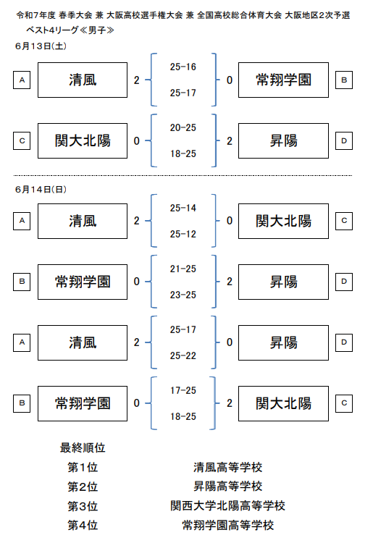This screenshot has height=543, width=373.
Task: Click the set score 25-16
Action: [183, 67]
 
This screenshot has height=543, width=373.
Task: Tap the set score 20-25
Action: [183, 127]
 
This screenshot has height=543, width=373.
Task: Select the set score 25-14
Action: [183, 208]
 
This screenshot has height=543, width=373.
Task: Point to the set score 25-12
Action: [183, 234]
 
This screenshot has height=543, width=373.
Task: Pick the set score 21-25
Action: [183, 269]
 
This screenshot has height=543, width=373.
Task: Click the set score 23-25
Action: [183, 295]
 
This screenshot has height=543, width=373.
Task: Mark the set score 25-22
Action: [183, 355]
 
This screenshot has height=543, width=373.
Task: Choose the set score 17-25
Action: [183, 391]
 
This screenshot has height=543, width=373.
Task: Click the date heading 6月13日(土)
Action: [41, 46]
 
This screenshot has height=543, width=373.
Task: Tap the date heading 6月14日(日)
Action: [41, 190]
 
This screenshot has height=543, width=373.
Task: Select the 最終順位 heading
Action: [83, 447]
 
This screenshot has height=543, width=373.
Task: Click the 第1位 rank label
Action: [83, 468]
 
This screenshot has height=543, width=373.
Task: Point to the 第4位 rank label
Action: [83, 526]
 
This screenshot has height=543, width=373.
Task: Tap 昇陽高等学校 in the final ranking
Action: [228, 487]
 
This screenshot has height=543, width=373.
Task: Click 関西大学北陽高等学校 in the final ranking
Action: [228, 506]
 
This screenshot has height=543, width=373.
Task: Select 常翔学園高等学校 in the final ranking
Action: [228, 526]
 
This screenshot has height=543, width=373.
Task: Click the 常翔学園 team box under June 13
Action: [283, 80]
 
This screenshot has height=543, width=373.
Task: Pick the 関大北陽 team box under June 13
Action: [83, 141]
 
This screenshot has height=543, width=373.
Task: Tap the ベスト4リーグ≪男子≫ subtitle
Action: [70, 30]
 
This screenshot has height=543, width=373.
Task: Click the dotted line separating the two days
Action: [183, 175]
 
